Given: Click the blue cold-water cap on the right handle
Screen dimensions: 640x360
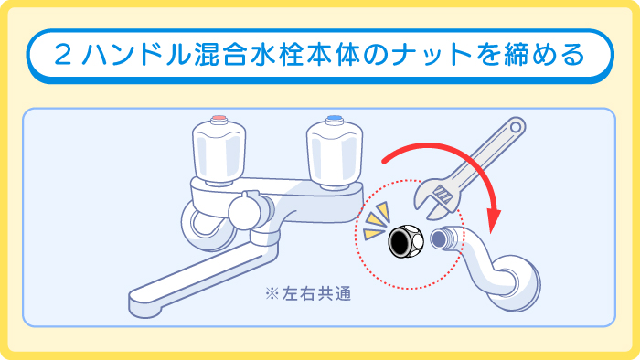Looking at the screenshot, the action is [334, 121].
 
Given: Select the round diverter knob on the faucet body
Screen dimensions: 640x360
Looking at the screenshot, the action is [244, 213].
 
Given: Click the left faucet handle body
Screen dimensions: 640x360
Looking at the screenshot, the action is [219, 151].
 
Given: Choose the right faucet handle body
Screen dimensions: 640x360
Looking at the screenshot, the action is [333, 151].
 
